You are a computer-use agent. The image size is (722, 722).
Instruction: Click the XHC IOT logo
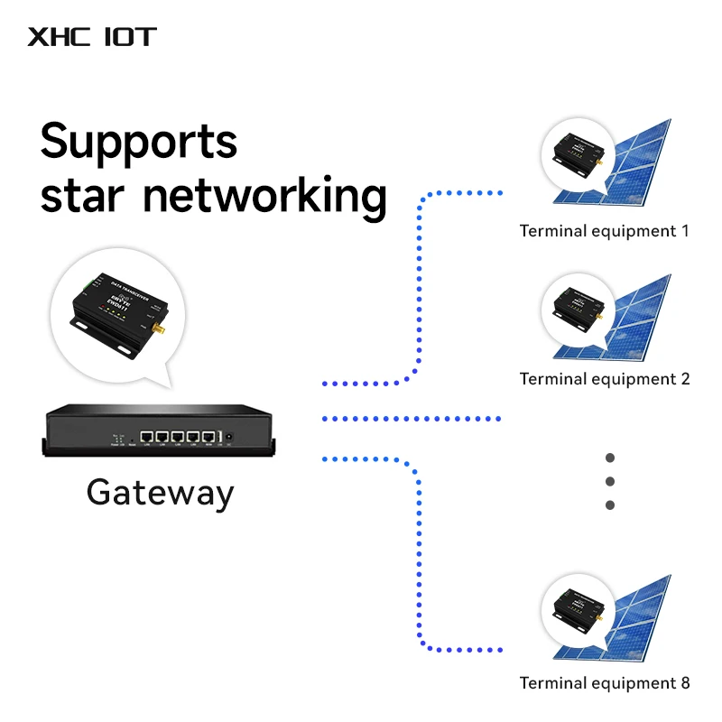click(92, 37)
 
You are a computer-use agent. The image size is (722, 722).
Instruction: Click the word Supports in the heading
click(139, 142)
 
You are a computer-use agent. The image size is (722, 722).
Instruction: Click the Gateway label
click(160, 493)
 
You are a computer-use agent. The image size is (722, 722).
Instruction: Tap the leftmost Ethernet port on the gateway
click(147, 436)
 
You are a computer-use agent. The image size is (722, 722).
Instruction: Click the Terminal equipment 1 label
click(604, 231)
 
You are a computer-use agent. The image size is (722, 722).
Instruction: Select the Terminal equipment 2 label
click(604, 379)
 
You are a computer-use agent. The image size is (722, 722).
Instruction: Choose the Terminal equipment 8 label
click(604, 683)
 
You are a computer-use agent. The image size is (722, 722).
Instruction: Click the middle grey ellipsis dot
click(610, 481)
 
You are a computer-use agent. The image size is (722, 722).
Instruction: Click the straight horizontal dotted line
click(411, 419)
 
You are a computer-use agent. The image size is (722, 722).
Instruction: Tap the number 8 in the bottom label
click(684, 683)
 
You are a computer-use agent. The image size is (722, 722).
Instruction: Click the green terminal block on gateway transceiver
click(83, 288)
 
